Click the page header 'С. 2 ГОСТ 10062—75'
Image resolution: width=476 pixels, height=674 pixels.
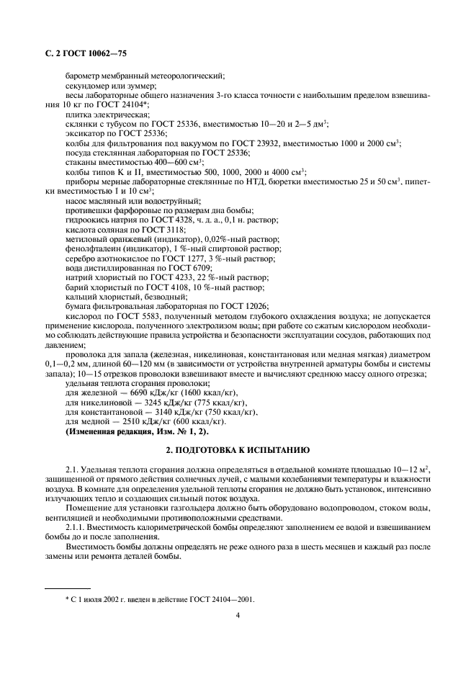point(80,53)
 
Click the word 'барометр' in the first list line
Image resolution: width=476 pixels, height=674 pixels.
point(84,76)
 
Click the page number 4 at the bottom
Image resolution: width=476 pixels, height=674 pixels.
point(238,616)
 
